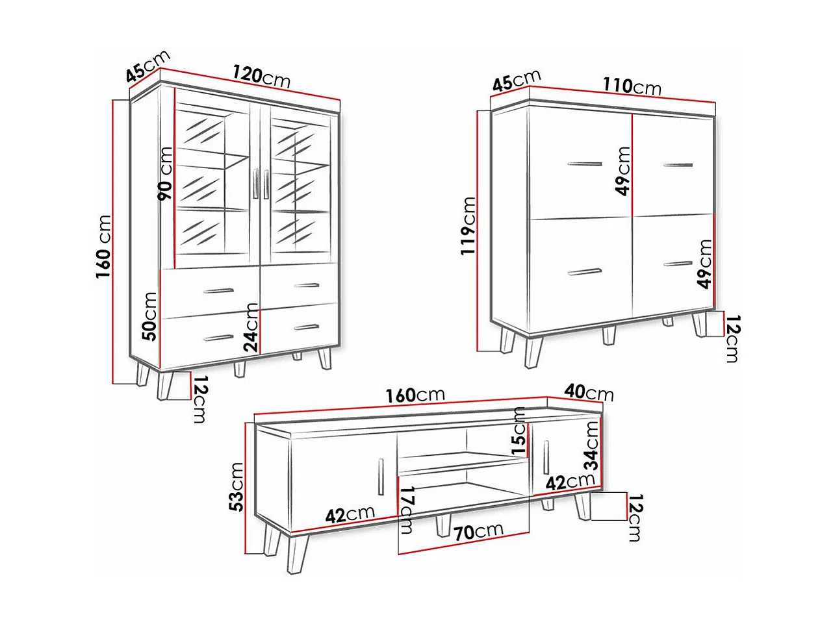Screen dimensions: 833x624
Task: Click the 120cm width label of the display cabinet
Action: [x=261, y=77]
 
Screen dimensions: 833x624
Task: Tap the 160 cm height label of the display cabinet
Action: [x=103, y=247]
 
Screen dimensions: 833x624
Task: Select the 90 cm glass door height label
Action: [x=165, y=173]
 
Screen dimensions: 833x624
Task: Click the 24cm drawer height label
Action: [x=251, y=327]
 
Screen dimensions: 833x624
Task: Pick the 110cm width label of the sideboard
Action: [x=632, y=86]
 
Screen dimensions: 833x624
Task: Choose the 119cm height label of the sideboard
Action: [x=468, y=226]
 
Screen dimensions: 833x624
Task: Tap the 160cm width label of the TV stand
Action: [x=415, y=395]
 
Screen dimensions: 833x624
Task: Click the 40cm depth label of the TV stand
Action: [x=589, y=392]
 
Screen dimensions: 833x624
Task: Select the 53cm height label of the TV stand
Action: [x=237, y=487]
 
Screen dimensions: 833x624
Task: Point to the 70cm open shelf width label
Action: [x=478, y=531]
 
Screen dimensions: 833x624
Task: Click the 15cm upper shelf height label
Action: [x=519, y=431]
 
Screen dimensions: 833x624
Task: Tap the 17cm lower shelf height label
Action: [x=406, y=510]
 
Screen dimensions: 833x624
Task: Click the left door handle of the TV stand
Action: [x=381, y=477]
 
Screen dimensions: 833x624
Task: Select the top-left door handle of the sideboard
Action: [x=585, y=164]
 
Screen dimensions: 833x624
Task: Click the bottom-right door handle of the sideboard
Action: [x=678, y=264]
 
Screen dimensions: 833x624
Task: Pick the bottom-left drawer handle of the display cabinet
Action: [x=218, y=338]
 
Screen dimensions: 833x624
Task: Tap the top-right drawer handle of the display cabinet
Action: [x=306, y=285]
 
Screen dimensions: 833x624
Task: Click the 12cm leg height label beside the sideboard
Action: [x=733, y=338]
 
